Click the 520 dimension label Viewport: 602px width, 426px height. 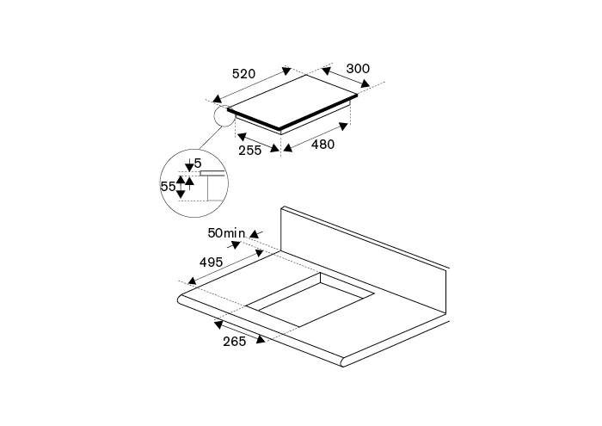[x=243, y=73]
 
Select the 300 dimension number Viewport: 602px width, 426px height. [x=358, y=69]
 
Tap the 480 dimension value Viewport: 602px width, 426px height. [x=322, y=145]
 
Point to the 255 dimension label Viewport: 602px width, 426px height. [x=250, y=151]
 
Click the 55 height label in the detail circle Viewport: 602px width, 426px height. [x=169, y=186]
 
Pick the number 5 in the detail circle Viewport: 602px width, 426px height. [x=198, y=164]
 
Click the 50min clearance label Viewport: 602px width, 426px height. [x=225, y=232]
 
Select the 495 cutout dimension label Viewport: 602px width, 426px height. [x=212, y=262]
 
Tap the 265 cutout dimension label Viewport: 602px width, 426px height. [x=235, y=341]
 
